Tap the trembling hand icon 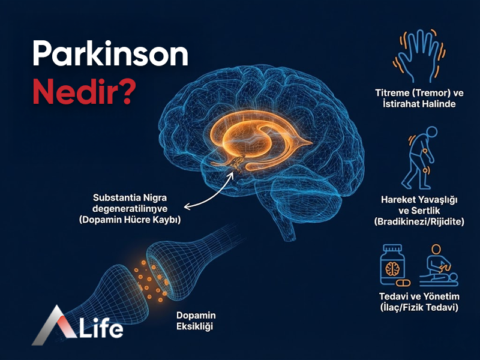click(x=419, y=57)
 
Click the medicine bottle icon click(x=394, y=264)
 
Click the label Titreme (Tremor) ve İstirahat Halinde click(x=419, y=98)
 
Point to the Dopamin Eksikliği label click(x=196, y=321)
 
